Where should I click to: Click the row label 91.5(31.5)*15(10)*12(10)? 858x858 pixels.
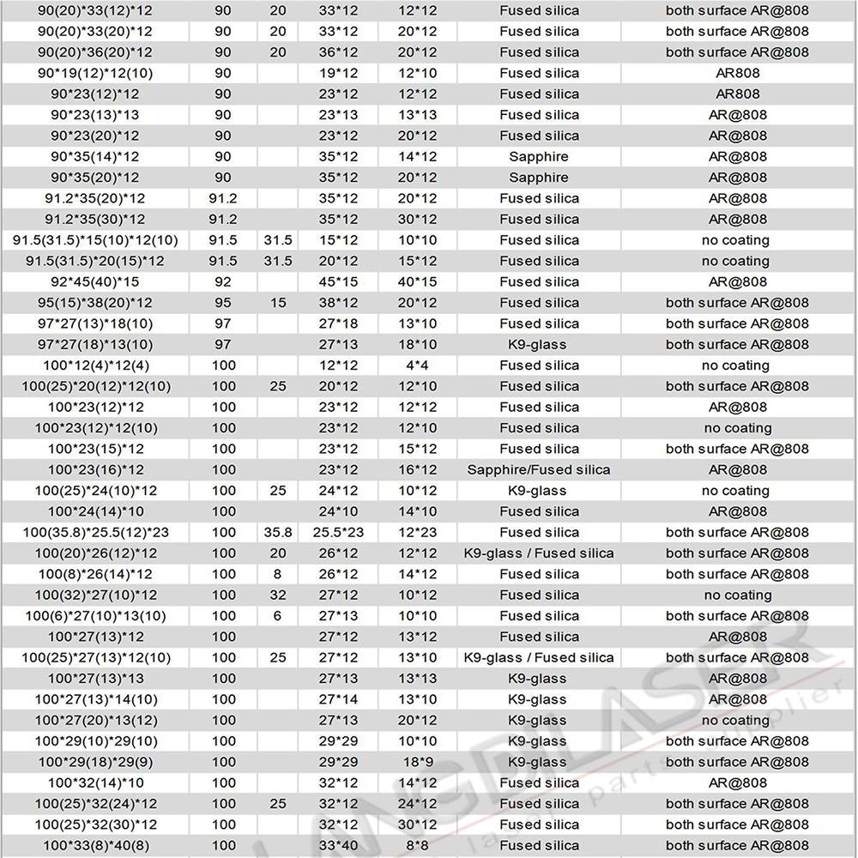point(96,240)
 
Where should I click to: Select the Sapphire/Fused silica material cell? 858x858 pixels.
point(539,469)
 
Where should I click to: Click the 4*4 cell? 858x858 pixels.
point(419,366)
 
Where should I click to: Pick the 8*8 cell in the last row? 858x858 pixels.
point(419,845)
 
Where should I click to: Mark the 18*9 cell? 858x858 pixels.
point(419,762)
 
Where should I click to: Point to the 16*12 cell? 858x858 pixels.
point(419,469)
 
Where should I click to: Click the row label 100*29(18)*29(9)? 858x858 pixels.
point(96,762)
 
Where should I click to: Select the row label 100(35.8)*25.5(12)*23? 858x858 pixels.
point(96,532)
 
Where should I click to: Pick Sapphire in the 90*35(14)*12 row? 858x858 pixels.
point(539,157)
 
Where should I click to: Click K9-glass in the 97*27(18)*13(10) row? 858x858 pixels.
point(539,344)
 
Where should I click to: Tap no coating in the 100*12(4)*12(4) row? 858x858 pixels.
point(735,366)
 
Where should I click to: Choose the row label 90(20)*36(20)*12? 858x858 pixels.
point(96,52)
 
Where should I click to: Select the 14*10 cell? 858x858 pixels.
point(419,511)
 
